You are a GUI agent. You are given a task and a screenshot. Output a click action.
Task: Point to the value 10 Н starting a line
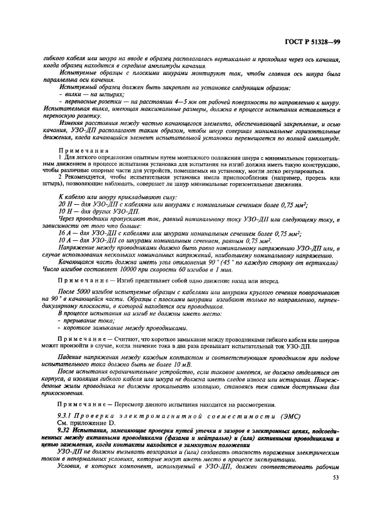pyautogui.click(x=65, y=211)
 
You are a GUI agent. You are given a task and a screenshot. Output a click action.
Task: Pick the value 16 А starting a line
pyautogui.click(x=65, y=233)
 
